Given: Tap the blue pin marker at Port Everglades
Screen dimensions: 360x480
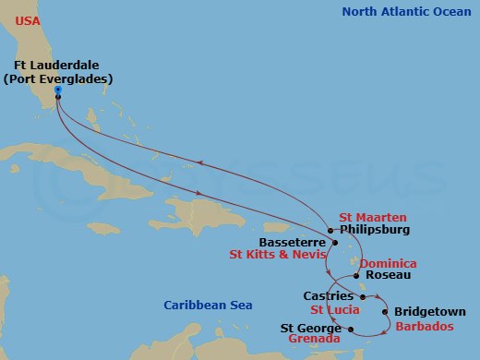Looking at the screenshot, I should [58, 90].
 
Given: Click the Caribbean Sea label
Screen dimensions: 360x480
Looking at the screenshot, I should [203, 306].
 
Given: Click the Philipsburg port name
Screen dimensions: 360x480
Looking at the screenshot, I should [374, 230].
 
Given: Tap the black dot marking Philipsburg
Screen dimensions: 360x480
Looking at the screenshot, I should [330, 230].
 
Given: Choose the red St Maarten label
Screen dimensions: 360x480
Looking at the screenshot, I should [372, 217].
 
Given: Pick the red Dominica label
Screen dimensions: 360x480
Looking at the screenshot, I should [390, 263].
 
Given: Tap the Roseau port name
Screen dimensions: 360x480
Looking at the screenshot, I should [388, 275].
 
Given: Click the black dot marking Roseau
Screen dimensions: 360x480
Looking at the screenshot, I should [358, 275].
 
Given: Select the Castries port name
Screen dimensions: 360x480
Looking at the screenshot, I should [328, 295].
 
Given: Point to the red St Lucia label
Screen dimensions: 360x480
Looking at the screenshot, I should [334, 310].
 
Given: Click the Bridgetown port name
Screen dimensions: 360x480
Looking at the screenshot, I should [430, 312].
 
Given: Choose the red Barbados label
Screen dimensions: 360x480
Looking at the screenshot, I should [424, 326].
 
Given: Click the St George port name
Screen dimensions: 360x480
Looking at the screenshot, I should [313, 327].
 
